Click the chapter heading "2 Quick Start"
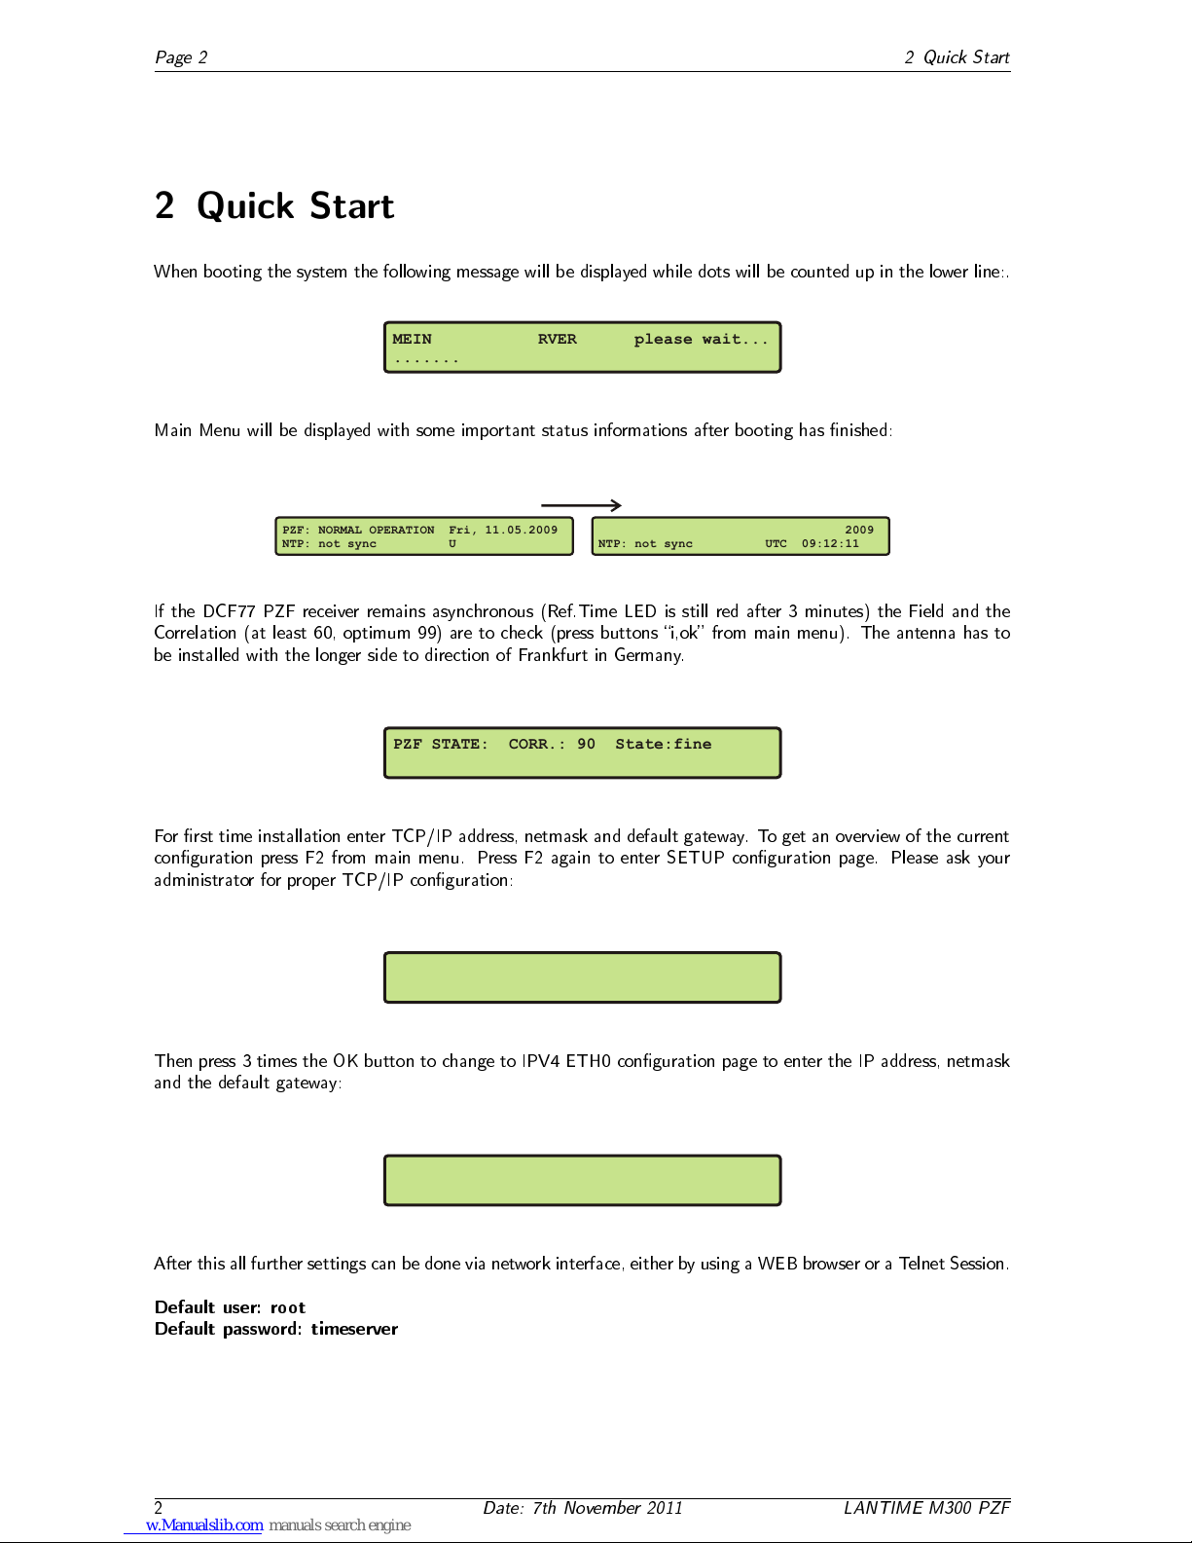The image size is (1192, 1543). tap(273, 206)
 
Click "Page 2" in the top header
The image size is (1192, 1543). tap(181, 57)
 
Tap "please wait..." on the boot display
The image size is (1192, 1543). tap(701, 340)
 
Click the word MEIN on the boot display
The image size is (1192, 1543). tap(412, 340)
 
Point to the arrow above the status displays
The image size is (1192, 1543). tap(581, 505)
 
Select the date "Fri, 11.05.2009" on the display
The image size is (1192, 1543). tap(503, 530)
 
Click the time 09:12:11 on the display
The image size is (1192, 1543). tap(830, 544)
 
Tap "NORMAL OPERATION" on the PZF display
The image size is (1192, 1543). tap(376, 530)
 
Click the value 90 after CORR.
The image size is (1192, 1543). tap(586, 744)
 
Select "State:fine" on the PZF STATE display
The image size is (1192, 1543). tap(664, 744)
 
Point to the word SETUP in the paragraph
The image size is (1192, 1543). tap(696, 858)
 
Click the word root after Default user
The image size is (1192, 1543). tap(288, 1308)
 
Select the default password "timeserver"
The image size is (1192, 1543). tap(354, 1329)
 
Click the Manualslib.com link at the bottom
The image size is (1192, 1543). tap(204, 1525)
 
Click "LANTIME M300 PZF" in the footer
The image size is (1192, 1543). tap(926, 1508)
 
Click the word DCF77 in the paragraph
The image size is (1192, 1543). tap(230, 611)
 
